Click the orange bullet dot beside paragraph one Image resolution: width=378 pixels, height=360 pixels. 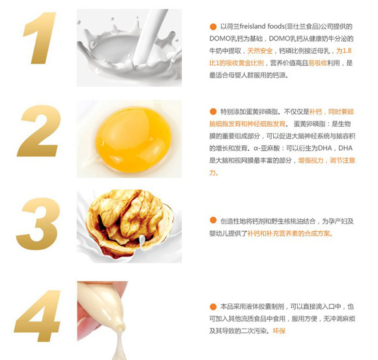212,27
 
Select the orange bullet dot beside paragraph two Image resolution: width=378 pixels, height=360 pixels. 212,112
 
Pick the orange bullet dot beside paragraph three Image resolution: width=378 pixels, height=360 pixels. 212,220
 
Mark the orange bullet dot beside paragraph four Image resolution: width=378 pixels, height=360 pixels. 212,306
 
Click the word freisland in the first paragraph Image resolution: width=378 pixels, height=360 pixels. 265,27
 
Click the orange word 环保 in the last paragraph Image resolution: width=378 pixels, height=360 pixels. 280,331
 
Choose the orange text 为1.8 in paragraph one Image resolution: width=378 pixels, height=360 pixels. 344,51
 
